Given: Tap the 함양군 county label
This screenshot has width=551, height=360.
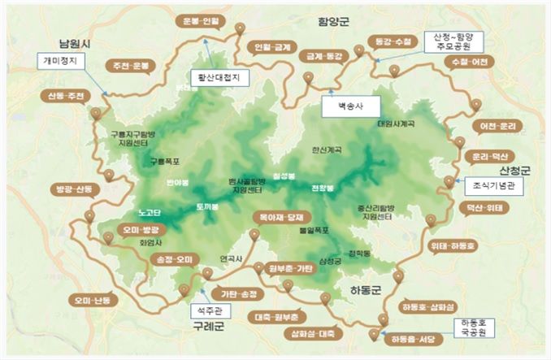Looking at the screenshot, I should tap(334, 22).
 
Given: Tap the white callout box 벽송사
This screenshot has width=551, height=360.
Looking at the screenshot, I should tap(341, 105).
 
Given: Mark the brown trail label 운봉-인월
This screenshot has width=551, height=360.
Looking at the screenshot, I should tap(196, 20).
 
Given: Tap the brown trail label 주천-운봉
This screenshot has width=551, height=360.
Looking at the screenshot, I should tap(129, 65).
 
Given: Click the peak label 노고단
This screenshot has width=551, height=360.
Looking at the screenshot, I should tap(151, 213).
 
